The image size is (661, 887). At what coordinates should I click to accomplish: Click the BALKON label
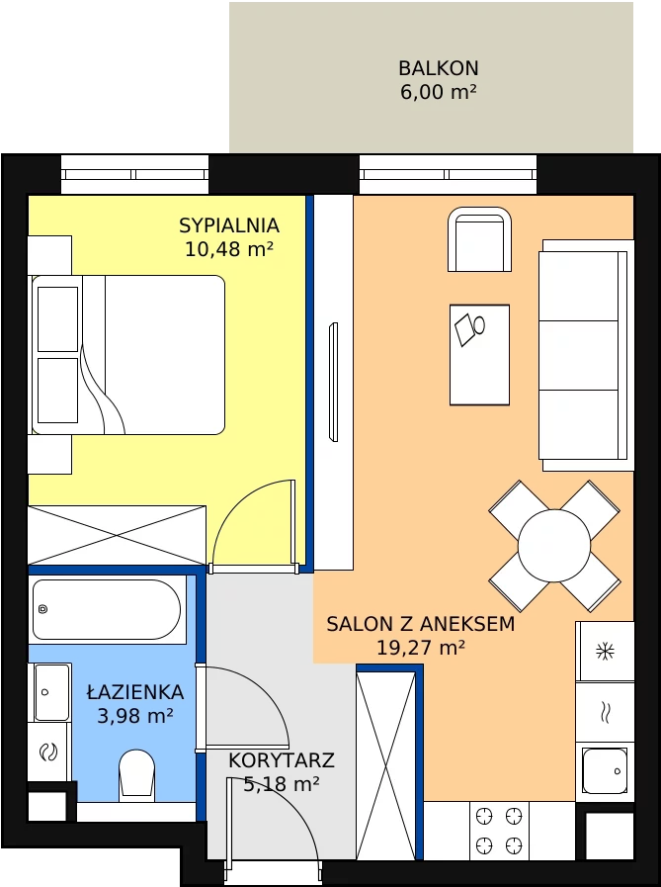pyautogui.click(x=439, y=68)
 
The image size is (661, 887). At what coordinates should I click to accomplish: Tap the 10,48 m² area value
pyautogui.click(x=229, y=248)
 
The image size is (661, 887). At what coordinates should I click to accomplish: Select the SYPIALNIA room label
pyautogui.click(x=229, y=225)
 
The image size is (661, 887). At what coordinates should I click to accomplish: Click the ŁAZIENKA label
pyautogui.click(x=135, y=691)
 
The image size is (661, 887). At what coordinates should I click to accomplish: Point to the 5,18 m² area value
pyautogui.click(x=281, y=784)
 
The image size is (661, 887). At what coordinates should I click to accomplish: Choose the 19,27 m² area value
pyautogui.click(x=421, y=647)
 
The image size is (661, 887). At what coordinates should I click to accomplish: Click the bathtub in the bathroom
pyautogui.click(x=107, y=609)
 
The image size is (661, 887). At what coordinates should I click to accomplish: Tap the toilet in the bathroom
pyautogui.click(x=136, y=775)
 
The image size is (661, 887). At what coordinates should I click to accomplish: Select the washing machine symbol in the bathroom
pyautogui.click(x=48, y=753)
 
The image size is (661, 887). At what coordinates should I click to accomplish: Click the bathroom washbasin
pyautogui.click(x=51, y=692)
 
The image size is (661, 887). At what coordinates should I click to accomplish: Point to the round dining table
pyautogui.click(x=554, y=546)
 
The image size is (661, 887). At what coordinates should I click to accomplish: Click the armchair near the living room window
pyautogui.click(x=479, y=239)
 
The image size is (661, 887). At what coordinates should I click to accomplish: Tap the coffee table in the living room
pyautogui.click(x=479, y=355)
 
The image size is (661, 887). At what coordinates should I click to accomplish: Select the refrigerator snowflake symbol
pyautogui.click(x=605, y=651)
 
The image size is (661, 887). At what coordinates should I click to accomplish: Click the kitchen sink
pyautogui.click(x=605, y=771)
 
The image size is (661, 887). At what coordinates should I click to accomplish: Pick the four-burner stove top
pyautogui.click(x=499, y=831)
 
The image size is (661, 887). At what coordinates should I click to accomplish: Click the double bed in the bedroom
pyautogui.click(x=128, y=355)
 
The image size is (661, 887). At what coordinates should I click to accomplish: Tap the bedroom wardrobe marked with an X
pyautogui.click(x=117, y=535)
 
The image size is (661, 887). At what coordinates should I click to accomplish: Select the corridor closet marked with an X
pyautogui.click(x=386, y=765)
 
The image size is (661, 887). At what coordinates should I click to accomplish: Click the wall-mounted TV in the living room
pyautogui.click(x=333, y=382)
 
